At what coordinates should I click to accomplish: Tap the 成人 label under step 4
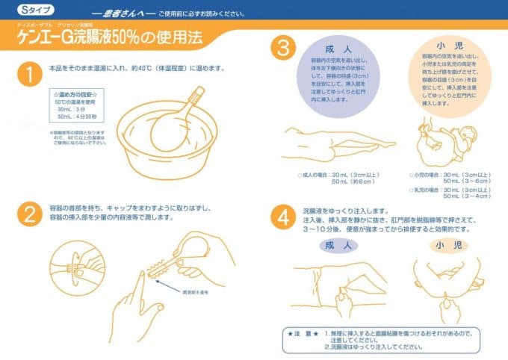click(x=338, y=244)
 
